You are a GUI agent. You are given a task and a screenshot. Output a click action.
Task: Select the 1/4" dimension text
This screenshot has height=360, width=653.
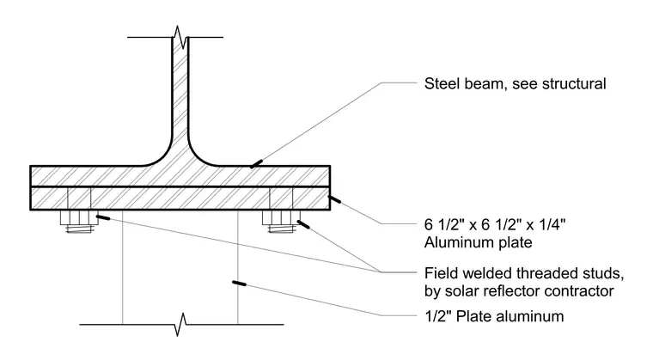tap(552, 224)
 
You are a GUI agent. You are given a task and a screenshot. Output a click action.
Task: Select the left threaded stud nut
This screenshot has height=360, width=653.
tap(79, 217)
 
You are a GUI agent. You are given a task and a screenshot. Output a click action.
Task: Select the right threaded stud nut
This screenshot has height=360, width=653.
tap(281, 217)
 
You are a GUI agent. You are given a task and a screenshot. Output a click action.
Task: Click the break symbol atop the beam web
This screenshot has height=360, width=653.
tap(180, 37)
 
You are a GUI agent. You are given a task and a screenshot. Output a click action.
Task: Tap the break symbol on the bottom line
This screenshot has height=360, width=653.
tap(180, 324)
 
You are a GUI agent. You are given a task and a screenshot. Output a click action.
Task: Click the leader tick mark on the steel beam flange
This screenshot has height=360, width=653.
tap(257, 164)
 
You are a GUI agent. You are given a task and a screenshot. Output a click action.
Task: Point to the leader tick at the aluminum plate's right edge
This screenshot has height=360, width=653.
tap(334, 199)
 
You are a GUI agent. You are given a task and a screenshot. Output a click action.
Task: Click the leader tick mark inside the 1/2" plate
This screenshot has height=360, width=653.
tap(239, 284)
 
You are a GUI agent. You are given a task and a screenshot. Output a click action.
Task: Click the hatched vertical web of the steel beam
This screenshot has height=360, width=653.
tap(180, 96)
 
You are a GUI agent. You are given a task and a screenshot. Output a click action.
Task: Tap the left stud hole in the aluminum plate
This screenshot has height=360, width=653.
tap(79, 198)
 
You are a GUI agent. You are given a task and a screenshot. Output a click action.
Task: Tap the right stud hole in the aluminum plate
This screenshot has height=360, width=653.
tap(281, 198)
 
